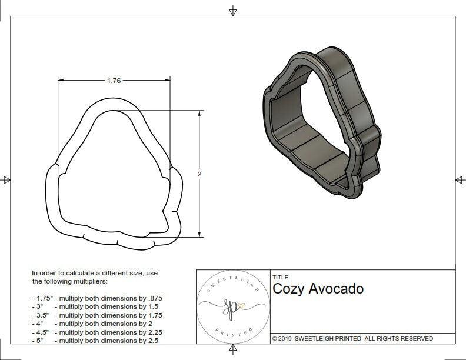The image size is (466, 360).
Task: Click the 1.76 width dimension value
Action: pos(114,81)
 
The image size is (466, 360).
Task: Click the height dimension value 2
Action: pos(199,174)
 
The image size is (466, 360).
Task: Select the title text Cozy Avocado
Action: pos(318,289)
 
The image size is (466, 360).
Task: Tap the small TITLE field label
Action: pos(280,277)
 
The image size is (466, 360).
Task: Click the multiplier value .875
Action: pos(154,298)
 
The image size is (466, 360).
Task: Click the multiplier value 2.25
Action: pos(152,332)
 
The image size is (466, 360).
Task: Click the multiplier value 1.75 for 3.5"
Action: pos(152,315)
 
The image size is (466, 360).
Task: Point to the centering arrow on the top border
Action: pos(233,11)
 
